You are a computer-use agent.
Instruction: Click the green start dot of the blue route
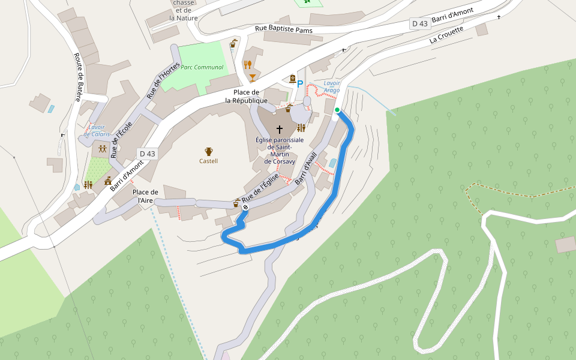click(x=337, y=110)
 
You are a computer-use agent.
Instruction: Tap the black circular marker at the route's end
click(x=245, y=208)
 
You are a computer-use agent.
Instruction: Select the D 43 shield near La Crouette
click(x=421, y=23)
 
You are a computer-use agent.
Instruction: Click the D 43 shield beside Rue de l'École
click(x=147, y=154)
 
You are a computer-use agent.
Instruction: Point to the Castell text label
click(x=209, y=161)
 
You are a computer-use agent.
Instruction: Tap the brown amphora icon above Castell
click(x=209, y=151)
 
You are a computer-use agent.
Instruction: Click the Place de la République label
click(x=247, y=96)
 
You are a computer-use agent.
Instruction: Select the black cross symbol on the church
click(x=279, y=129)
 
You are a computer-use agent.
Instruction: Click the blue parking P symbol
click(x=300, y=84)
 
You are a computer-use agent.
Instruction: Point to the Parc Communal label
click(x=202, y=67)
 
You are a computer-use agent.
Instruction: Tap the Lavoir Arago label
click(x=332, y=86)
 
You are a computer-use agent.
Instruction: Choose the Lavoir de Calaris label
click(x=95, y=130)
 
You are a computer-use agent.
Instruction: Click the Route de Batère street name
click(x=78, y=77)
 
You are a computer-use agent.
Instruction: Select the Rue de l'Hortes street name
click(x=163, y=80)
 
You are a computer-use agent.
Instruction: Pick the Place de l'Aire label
click(x=145, y=196)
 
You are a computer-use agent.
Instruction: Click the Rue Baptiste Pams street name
click(x=284, y=28)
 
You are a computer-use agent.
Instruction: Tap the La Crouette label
click(x=447, y=35)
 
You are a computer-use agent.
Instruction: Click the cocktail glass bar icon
click(x=252, y=77)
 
